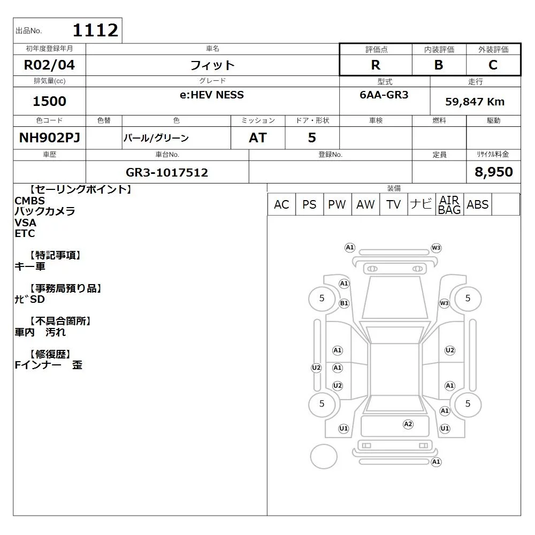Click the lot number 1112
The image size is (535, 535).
(x=96, y=30)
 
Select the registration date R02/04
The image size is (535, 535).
(x=49, y=65)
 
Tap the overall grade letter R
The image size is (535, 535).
(x=376, y=65)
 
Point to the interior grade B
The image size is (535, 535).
(x=439, y=65)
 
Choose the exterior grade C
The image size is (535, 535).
(x=493, y=65)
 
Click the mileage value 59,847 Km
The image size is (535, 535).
(x=475, y=102)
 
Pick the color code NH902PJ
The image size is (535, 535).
(x=50, y=137)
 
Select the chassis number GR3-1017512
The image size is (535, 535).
(x=167, y=172)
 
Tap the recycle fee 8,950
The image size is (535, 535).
(x=494, y=172)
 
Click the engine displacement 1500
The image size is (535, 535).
(x=49, y=101)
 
